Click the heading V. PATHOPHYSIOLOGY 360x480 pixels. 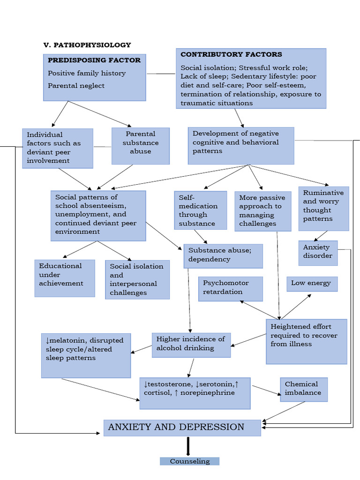click(x=87, y=45)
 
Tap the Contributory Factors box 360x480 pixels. click(x=251, y=78)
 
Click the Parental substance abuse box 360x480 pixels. click(x=141, y=146)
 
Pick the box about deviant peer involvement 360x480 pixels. click(x=57, y=148)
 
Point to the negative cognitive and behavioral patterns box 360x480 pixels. click(x=241, y=145)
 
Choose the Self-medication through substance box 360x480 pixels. click(x=198, y=210)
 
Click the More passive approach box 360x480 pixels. click(x=263, y=211)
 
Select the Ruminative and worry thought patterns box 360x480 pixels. click(x=323, y=208)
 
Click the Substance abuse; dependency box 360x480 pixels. click(x=223, y=256)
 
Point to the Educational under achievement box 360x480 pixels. click(x=65, y=278)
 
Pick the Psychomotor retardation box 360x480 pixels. click(x=230, y=288)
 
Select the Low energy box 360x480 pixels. click(x=312, y=284)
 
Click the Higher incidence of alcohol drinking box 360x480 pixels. click(x=191, y=345)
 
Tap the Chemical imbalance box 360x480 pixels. click(x=303, y=389)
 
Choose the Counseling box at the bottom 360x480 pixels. click(x=189, y=461)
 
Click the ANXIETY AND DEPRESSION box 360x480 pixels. click(x=182, y=427)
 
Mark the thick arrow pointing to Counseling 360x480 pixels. click(x=188, y=446)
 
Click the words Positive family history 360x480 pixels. click(x=87, y=73)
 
